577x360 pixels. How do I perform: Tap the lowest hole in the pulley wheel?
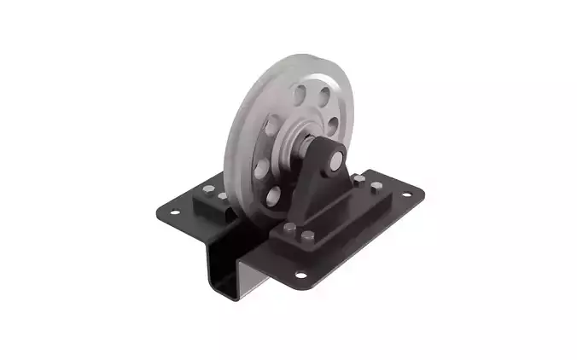(273, 198)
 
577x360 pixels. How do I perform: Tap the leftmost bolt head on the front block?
(289, 228)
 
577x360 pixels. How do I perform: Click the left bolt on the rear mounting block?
(208, 189)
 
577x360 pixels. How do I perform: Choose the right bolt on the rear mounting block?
(223, 196)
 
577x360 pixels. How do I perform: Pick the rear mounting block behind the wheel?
(214, 205)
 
